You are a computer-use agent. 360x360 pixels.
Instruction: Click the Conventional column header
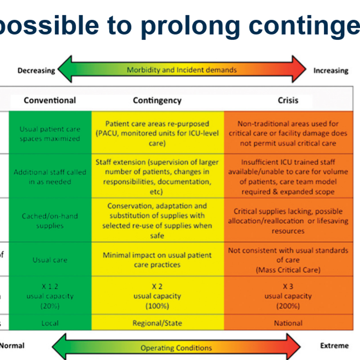(50, 100)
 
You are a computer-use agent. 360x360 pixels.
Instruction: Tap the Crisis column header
(287, 100)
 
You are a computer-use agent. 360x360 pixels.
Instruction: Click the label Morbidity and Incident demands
(181, 70)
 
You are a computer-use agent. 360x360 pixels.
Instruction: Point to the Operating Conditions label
(176, 348)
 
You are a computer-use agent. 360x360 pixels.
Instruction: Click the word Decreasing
(36, 71)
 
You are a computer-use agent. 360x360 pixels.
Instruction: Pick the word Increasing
(331, 71)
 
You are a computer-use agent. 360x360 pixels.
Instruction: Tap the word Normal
(12, 346)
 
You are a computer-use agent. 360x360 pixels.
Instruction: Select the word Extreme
(334, 346)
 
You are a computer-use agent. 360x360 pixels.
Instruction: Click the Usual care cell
(50, 260)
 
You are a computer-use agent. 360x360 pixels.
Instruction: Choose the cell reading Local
(50, 323)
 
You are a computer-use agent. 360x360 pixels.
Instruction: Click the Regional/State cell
(157, 323)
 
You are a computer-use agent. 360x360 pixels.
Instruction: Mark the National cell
(288, 323)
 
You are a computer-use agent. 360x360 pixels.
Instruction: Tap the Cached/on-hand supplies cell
(50, 221)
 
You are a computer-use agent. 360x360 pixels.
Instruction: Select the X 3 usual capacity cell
(288, 296)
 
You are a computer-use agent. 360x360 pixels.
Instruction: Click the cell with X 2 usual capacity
(157, 296)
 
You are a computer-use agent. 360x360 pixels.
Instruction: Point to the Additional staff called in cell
(50, 177)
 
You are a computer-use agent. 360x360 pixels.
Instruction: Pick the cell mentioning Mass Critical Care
(288, 260)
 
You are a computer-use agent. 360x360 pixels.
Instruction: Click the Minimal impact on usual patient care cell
(157, 260)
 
